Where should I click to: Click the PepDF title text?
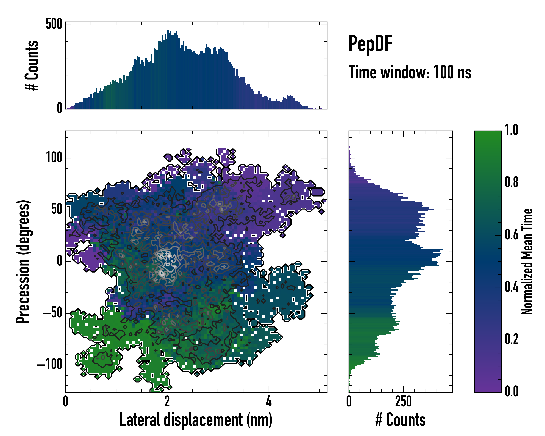pos(370,44)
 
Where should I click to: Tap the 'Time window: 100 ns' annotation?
pos(410,72)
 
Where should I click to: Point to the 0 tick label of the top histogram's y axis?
pos(60,108)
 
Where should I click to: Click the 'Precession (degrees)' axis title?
pos(23,261)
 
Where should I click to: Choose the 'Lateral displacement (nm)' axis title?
pos(196,420)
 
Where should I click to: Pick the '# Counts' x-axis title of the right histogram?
pos(400,420)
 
